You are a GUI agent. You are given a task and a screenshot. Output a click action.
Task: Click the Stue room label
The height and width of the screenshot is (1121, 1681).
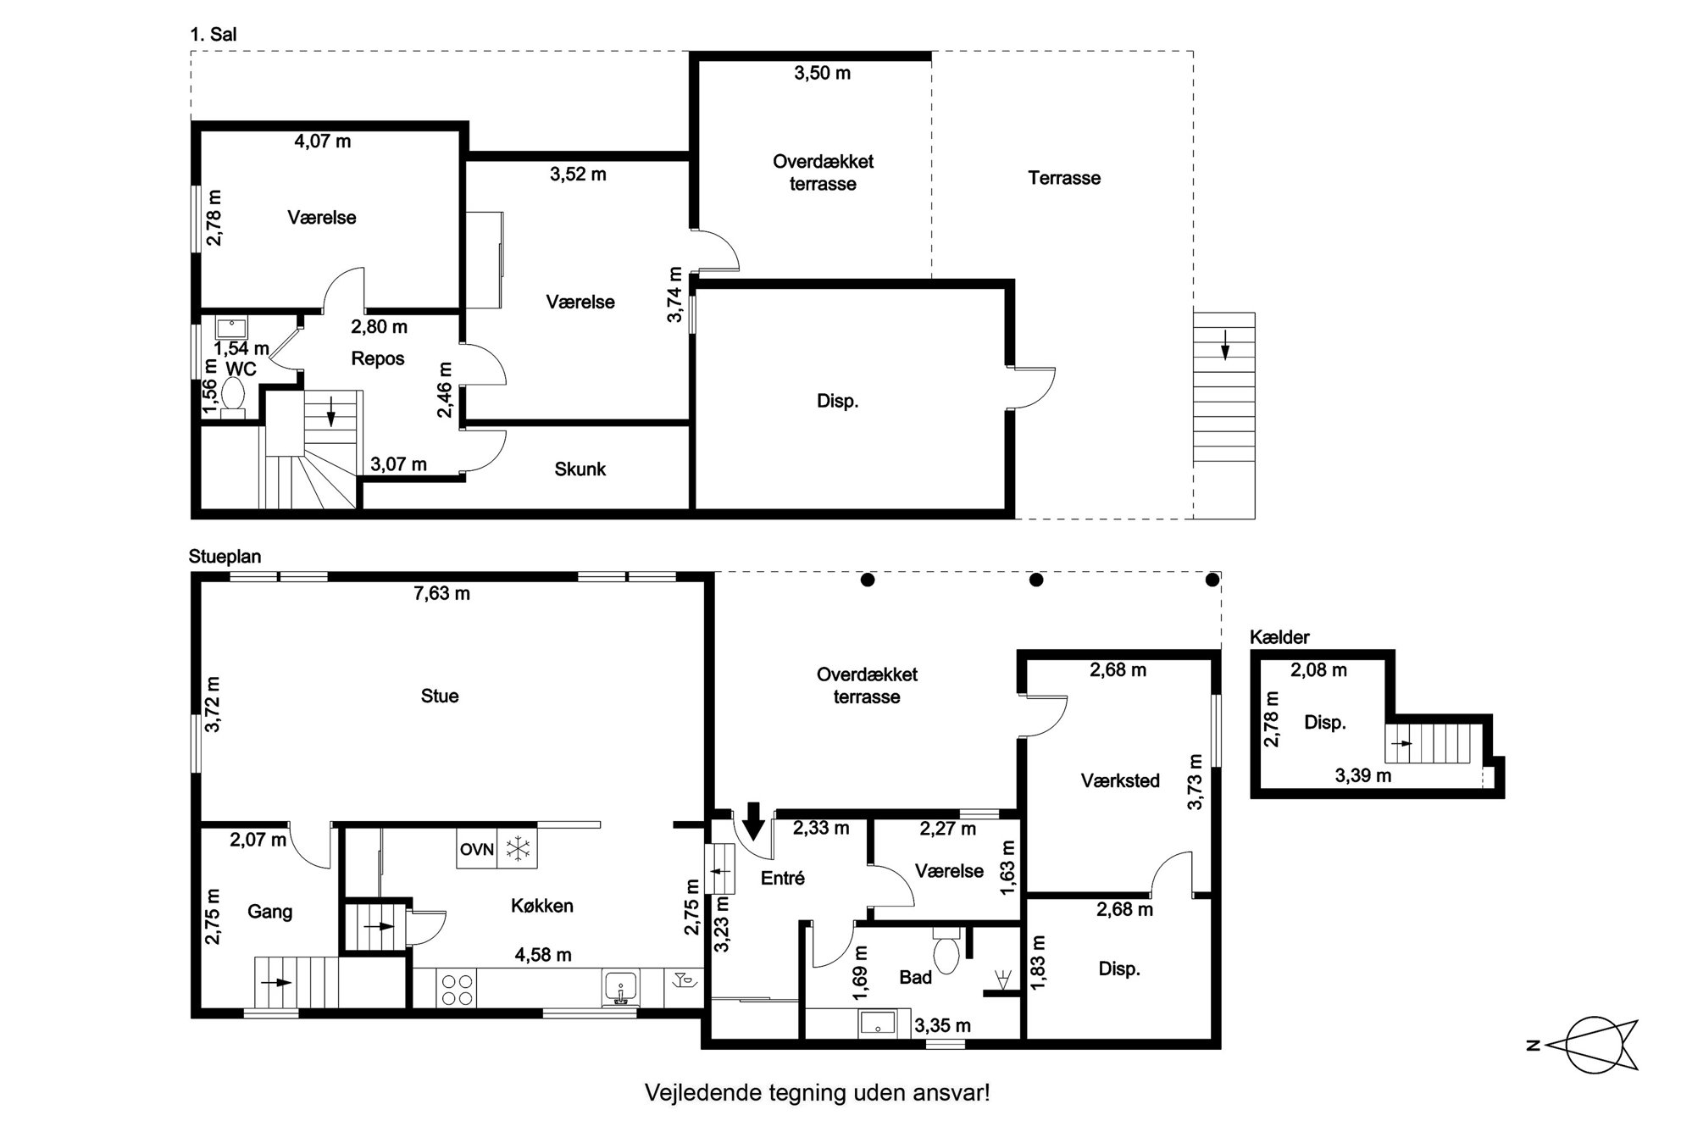tap(440, 696)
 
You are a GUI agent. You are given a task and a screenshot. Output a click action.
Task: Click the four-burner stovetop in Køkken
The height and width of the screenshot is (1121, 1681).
tap(458, 989)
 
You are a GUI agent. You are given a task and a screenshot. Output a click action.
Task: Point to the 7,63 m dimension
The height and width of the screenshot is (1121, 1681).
tap(441, 593)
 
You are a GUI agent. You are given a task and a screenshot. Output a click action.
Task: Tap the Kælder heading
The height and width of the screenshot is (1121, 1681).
tap(1279, 637)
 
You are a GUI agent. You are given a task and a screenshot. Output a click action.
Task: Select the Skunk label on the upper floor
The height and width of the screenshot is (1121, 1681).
tap(580, 469)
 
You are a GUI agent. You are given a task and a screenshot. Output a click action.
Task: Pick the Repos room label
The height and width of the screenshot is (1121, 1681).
tap(378, 358)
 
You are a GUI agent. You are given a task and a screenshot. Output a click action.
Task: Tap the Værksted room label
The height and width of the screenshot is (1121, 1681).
tap(1120, 780)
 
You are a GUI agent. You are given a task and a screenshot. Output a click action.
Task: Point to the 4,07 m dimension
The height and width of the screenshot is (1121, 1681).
tap(323, 141)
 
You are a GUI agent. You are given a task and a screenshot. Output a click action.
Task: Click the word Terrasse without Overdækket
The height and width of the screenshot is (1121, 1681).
tap(1064, 178)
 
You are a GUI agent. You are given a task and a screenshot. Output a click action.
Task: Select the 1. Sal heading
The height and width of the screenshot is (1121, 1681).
tap(214, 35)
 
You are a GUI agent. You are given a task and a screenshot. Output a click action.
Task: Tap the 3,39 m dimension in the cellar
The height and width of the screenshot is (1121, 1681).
tap(1363, 774)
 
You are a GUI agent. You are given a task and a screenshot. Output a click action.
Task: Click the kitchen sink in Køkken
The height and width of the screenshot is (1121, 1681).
tap(621, 989)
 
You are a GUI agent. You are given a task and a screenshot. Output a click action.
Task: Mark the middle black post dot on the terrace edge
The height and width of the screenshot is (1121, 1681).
tap(1036, 580)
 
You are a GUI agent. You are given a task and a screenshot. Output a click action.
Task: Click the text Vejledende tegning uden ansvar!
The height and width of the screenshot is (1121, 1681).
tap(818, 1092)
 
